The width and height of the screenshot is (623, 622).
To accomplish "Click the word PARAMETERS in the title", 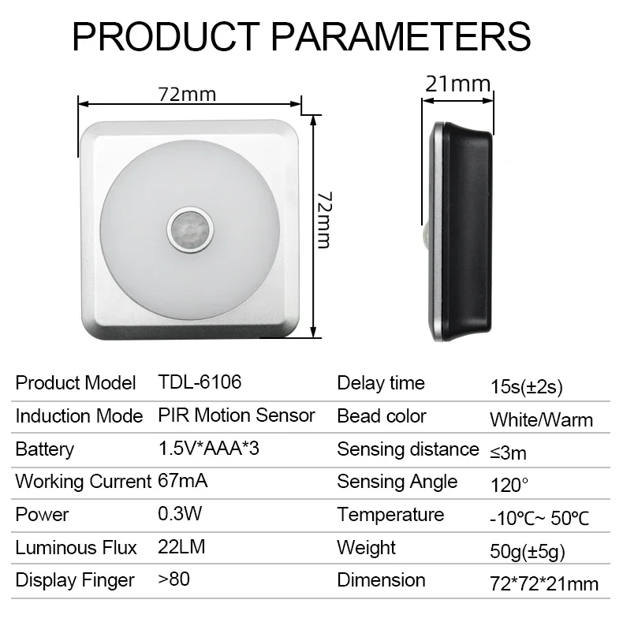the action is click(401, 36).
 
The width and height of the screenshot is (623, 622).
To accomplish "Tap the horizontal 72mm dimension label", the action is click(187, 95).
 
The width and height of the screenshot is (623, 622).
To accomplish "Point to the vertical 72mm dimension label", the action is click(324, 220).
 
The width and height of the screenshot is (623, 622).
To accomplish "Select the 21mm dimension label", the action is click(457, 84).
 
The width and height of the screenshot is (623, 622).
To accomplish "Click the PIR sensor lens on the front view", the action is click(190, 230).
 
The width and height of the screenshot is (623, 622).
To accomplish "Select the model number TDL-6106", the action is click(200, 382).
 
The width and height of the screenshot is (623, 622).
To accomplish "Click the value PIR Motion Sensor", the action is click(237, 415).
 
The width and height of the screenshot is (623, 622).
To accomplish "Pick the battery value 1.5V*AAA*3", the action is click(209, 449).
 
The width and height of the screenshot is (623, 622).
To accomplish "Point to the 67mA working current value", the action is click(183, 481).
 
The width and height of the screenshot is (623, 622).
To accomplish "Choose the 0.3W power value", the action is click(180, 514).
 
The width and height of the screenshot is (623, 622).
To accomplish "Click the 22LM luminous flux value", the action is click(181, 547).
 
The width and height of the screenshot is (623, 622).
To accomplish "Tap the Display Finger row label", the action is click(75, 580).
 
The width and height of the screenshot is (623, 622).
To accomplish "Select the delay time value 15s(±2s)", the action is click(527, 386).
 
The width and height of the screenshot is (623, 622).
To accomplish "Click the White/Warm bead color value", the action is click(541, 420).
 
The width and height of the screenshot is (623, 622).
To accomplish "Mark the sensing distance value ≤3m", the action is click(508, 453).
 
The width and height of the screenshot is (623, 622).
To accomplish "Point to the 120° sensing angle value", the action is click(509, 486).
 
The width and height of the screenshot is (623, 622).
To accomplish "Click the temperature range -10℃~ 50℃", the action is click(539, 519).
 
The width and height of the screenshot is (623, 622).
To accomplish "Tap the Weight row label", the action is click(367, 548).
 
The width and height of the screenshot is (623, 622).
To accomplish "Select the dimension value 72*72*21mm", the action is click(544, 584).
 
